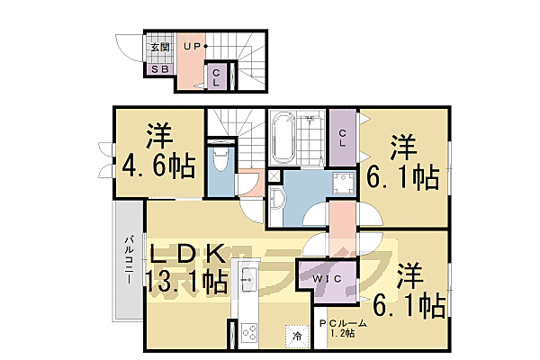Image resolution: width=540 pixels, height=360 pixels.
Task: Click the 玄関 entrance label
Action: pyautogui.click(x=159, y=47)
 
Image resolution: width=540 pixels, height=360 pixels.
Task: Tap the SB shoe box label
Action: pyautogui.click(x=158, y=67)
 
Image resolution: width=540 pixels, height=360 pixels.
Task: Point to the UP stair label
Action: pyautogui.click(x=193, y=46)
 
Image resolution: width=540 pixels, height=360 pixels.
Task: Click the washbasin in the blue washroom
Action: pyautogui.click(x=277, y=199)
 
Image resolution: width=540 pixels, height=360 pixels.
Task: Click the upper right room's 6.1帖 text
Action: pyautogui.click(x=402, y=175)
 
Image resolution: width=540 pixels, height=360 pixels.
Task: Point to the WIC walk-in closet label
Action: pyautogui.click(x=328, y=281)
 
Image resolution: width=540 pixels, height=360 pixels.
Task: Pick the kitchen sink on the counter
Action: pyautogui.click(x=248, y=282)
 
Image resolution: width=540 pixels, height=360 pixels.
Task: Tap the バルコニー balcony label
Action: pyautogui.click(x=129, y=260)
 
